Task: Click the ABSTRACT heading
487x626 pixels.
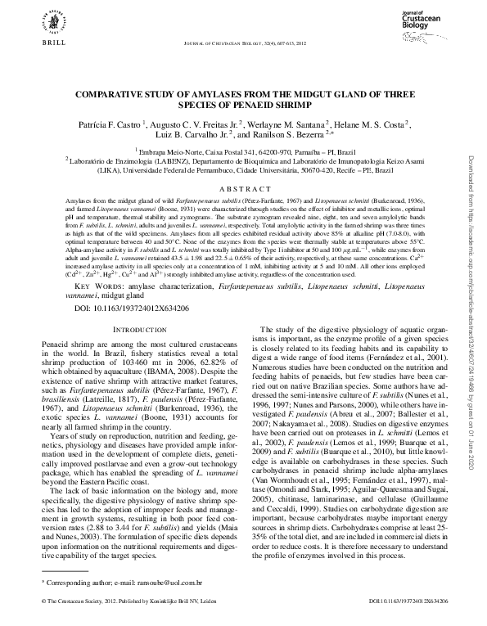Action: [x=244, y=187]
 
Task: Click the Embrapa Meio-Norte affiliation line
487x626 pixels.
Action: [x=243, y=152]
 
